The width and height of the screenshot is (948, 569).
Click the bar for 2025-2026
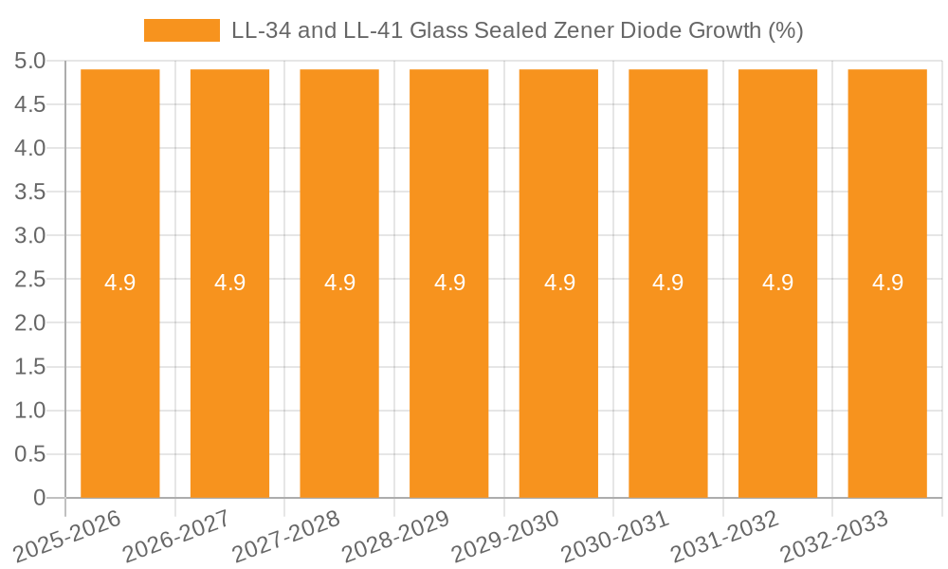point(120,379)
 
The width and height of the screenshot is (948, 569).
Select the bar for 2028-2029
point(449,379)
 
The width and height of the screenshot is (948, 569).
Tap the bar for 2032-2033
point(887,379)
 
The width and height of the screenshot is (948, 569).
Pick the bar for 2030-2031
point(668,379)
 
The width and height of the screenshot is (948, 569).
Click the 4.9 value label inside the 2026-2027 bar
point(229,283)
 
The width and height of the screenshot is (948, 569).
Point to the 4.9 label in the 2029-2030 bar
point(559,283)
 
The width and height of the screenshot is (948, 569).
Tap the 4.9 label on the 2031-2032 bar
point(778,283)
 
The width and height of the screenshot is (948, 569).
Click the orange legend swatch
point(181,30)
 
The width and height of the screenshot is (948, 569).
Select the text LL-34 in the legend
point(261,30)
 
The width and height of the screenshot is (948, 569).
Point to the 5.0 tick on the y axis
point(29,62)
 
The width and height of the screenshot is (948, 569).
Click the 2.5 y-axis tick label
point(29,280)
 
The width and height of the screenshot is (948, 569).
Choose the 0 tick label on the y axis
point(39,498)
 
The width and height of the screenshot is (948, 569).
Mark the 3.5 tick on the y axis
point(29,193)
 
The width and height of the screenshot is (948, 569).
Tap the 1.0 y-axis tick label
point(29,411)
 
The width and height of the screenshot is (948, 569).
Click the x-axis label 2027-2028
point(285,536)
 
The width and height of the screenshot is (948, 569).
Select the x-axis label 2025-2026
point(67,536)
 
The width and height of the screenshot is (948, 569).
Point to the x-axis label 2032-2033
point(833,536)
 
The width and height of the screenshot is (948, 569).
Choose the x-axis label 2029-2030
point(505,536)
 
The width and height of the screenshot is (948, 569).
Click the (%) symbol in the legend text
point(785,30)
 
